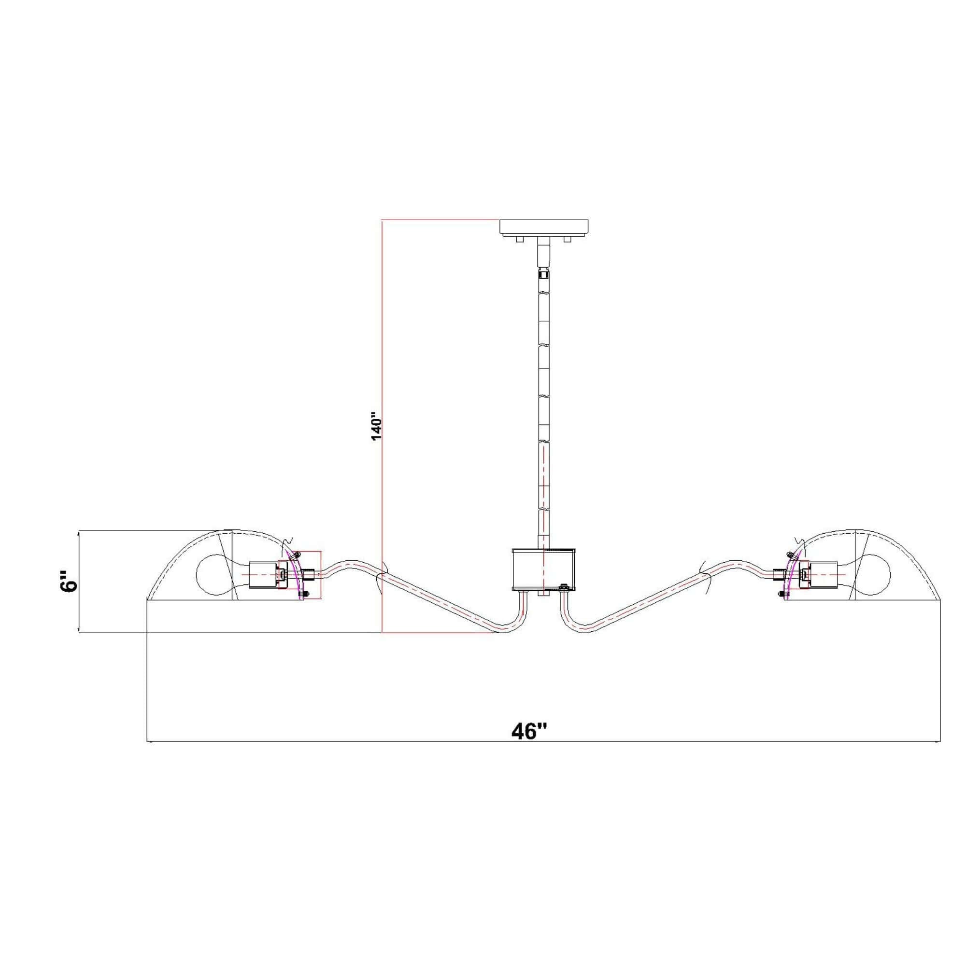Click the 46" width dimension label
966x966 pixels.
[x=529, y=731]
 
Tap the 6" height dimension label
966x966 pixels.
[x=68, y=580]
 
